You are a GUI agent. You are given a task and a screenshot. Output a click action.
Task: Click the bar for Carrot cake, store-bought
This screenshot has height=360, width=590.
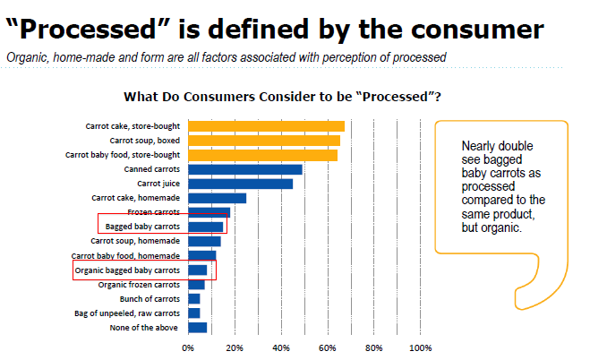point(266,126)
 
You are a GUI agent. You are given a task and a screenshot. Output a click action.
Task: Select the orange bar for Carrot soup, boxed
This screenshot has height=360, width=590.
point(264,141)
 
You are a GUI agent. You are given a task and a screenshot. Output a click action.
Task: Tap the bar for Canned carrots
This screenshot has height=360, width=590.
point(244,169)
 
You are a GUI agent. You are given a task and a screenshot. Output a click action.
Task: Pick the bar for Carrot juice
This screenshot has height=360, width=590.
point(240,184)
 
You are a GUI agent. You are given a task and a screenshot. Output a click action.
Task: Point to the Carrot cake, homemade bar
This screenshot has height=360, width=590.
point(217,198)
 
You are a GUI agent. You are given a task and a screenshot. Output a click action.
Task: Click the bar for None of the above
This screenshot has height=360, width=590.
point(197,328)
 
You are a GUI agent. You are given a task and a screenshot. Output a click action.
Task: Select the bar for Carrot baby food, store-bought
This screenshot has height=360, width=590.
point(262,155)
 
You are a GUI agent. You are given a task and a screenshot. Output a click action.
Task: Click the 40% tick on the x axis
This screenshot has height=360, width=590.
point(281,347)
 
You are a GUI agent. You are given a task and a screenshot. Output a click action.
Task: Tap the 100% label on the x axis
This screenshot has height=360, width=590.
point(420,347)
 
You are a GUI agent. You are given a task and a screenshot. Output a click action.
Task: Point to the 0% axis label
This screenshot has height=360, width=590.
point(188,347)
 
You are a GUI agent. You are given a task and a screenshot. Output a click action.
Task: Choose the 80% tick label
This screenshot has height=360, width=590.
point(374,347)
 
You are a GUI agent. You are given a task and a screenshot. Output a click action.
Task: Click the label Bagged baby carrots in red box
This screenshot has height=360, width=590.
point(142,227)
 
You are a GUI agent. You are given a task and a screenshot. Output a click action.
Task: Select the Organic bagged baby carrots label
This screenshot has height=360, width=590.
point(127,270)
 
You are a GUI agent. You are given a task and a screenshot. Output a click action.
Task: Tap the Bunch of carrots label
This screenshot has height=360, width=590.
point(150,298)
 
